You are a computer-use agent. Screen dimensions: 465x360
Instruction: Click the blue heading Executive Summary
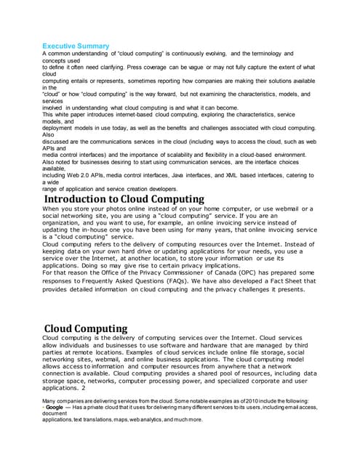coord(76,46)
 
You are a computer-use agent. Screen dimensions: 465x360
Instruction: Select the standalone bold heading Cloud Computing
coord(86,328)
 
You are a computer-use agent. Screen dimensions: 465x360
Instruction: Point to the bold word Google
coord(55,408)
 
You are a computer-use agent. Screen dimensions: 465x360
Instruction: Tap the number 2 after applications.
coord(84,387)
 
